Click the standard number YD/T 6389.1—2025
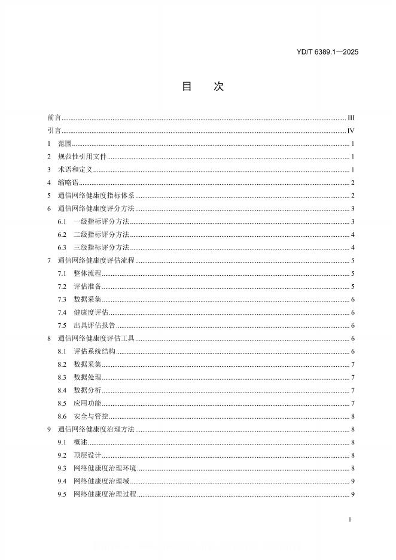pos(327,53)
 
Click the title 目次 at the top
pos(202,87)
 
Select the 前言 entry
pos(54,118)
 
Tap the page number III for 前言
pos(351,118)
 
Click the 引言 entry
pos(54,131)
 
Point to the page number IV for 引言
pos(351,131)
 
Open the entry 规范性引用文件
pos(83,157)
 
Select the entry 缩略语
pos(68,183)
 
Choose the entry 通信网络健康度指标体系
pos(96,196)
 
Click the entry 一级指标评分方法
pos(101,222)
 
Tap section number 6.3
pos(62,248)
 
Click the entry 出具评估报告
pos(94,325)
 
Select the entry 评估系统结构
pos(94,351)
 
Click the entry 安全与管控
pos(90,416)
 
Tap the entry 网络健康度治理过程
pos(105,494)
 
